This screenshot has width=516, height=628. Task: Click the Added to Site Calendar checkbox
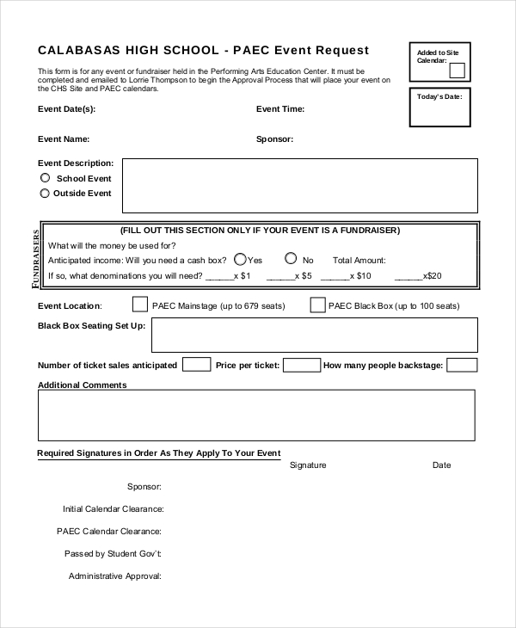tap(458, 71)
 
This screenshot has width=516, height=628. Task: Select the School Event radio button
tap(46, 178)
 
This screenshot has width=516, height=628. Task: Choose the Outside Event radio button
tap(46, 194)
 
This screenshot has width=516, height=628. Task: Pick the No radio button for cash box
tap(291, 258)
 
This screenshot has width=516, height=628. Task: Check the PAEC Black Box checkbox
tap(317, 305)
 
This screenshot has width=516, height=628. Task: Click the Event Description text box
tap(299, 185)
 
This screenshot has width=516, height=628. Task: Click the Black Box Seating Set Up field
tap(314, 336)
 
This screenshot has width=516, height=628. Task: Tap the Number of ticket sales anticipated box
tap(196, 365)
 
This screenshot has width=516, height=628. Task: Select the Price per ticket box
tap(302, 365)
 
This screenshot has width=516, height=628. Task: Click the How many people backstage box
tap(462, 365)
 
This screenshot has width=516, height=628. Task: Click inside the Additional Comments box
tap(256, 416)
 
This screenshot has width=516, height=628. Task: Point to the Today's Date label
tap(439, 96)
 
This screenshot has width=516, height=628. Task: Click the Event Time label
tap(280, 109)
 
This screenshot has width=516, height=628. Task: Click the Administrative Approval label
tap(115, 576)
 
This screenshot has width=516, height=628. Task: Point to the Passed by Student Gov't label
tap(113, 554)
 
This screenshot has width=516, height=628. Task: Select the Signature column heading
tap(308, 465)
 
